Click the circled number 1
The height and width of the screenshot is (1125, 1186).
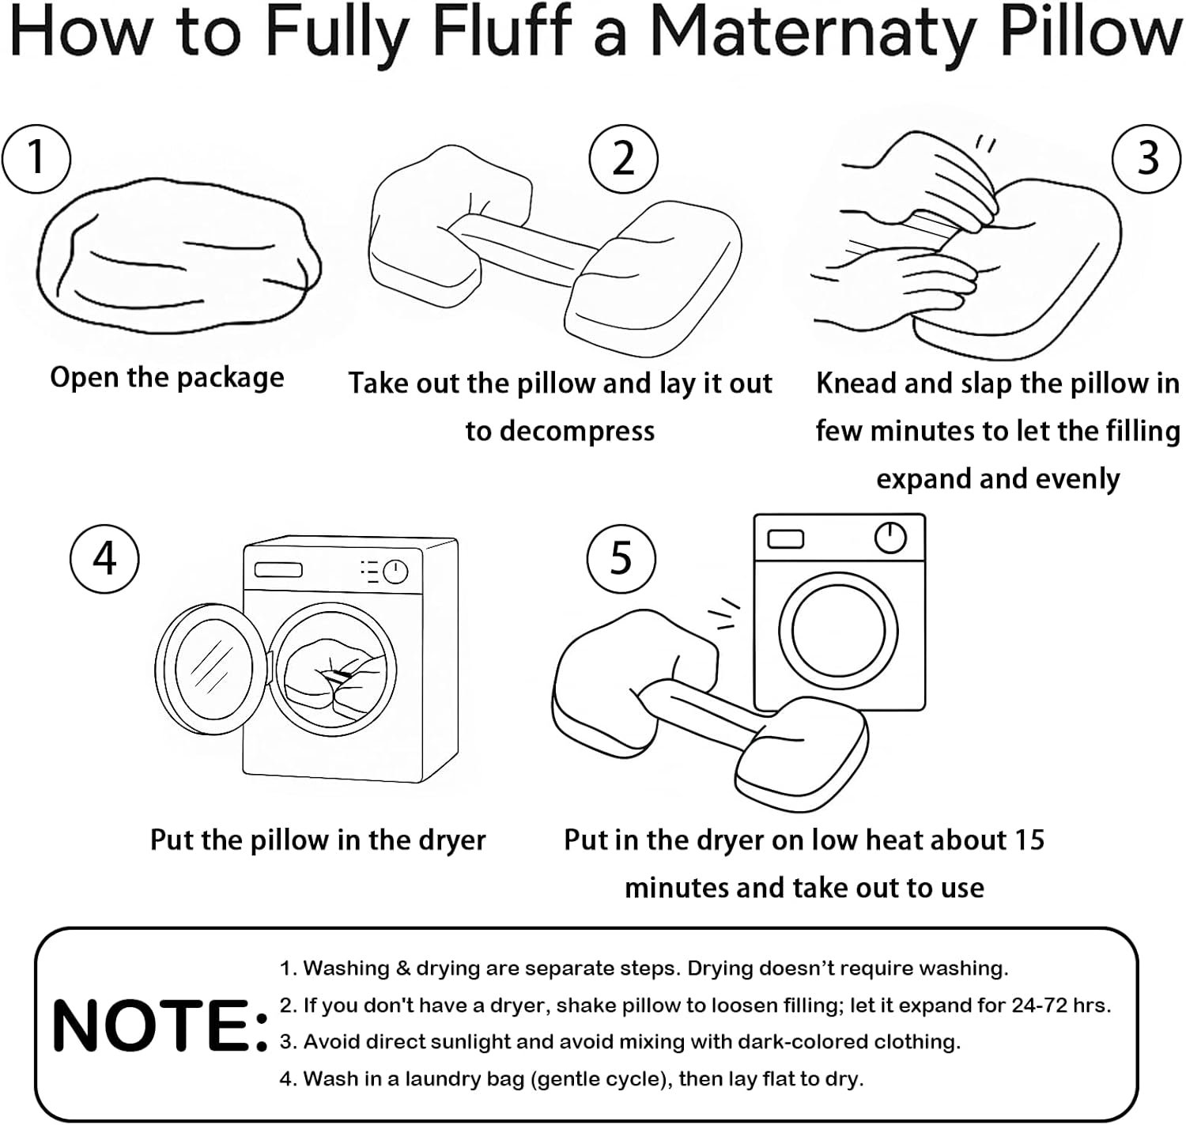click(x=36, y=157)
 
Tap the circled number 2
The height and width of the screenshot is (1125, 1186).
click(x=623, y=158)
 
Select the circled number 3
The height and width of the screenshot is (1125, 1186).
click(x=1146, y=158)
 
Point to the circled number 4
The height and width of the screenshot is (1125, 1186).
click(x=104, y=558)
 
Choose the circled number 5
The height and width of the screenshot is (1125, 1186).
click(x=621, y=558)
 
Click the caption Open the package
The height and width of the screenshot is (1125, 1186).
click(x=167, y=377)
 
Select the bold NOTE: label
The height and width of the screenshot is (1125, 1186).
click(x=159, y=1025)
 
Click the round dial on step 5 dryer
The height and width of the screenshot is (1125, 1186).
click(x=890, y=538)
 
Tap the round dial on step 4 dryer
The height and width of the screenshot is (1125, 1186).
click(x=395, y=572)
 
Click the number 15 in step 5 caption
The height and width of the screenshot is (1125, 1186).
click(x=1027, y=840)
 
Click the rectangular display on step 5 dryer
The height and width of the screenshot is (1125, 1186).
click(x=785, y=538)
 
